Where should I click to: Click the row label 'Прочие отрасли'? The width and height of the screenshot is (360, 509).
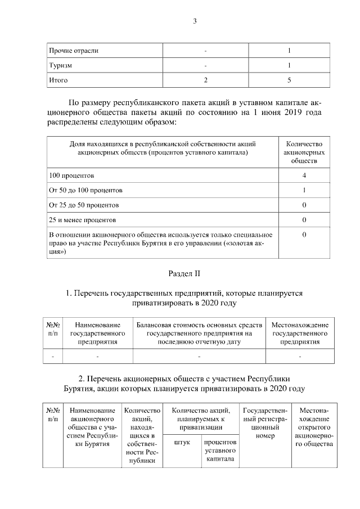pyautogui.click(x=74, y=51)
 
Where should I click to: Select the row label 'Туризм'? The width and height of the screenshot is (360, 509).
pyautogui.click(x=60, y=66)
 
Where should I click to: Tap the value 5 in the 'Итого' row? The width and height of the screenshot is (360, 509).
pyautogui.click(x=289, y=80)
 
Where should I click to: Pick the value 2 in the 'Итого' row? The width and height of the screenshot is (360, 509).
pyautogui.click(x=206, y=80)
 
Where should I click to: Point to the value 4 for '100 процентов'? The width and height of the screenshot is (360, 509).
pyautogui.click(x=304, y=175)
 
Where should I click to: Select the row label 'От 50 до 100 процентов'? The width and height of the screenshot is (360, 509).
pyautogui.click(x=85, y=190)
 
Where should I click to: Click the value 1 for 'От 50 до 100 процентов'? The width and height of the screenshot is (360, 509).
pyautogui.click(x=304, y=190)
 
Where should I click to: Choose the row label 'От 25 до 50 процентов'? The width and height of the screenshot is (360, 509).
pyautogui.click(x=84, y=205)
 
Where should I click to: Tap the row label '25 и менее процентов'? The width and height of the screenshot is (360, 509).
pyautogui.click(x=83, y=219)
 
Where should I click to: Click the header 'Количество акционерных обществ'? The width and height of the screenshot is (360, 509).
pyautogui.click(x=304, y=152)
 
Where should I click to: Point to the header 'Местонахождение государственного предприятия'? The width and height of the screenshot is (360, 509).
pyautogui.click(x=299, y=333)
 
